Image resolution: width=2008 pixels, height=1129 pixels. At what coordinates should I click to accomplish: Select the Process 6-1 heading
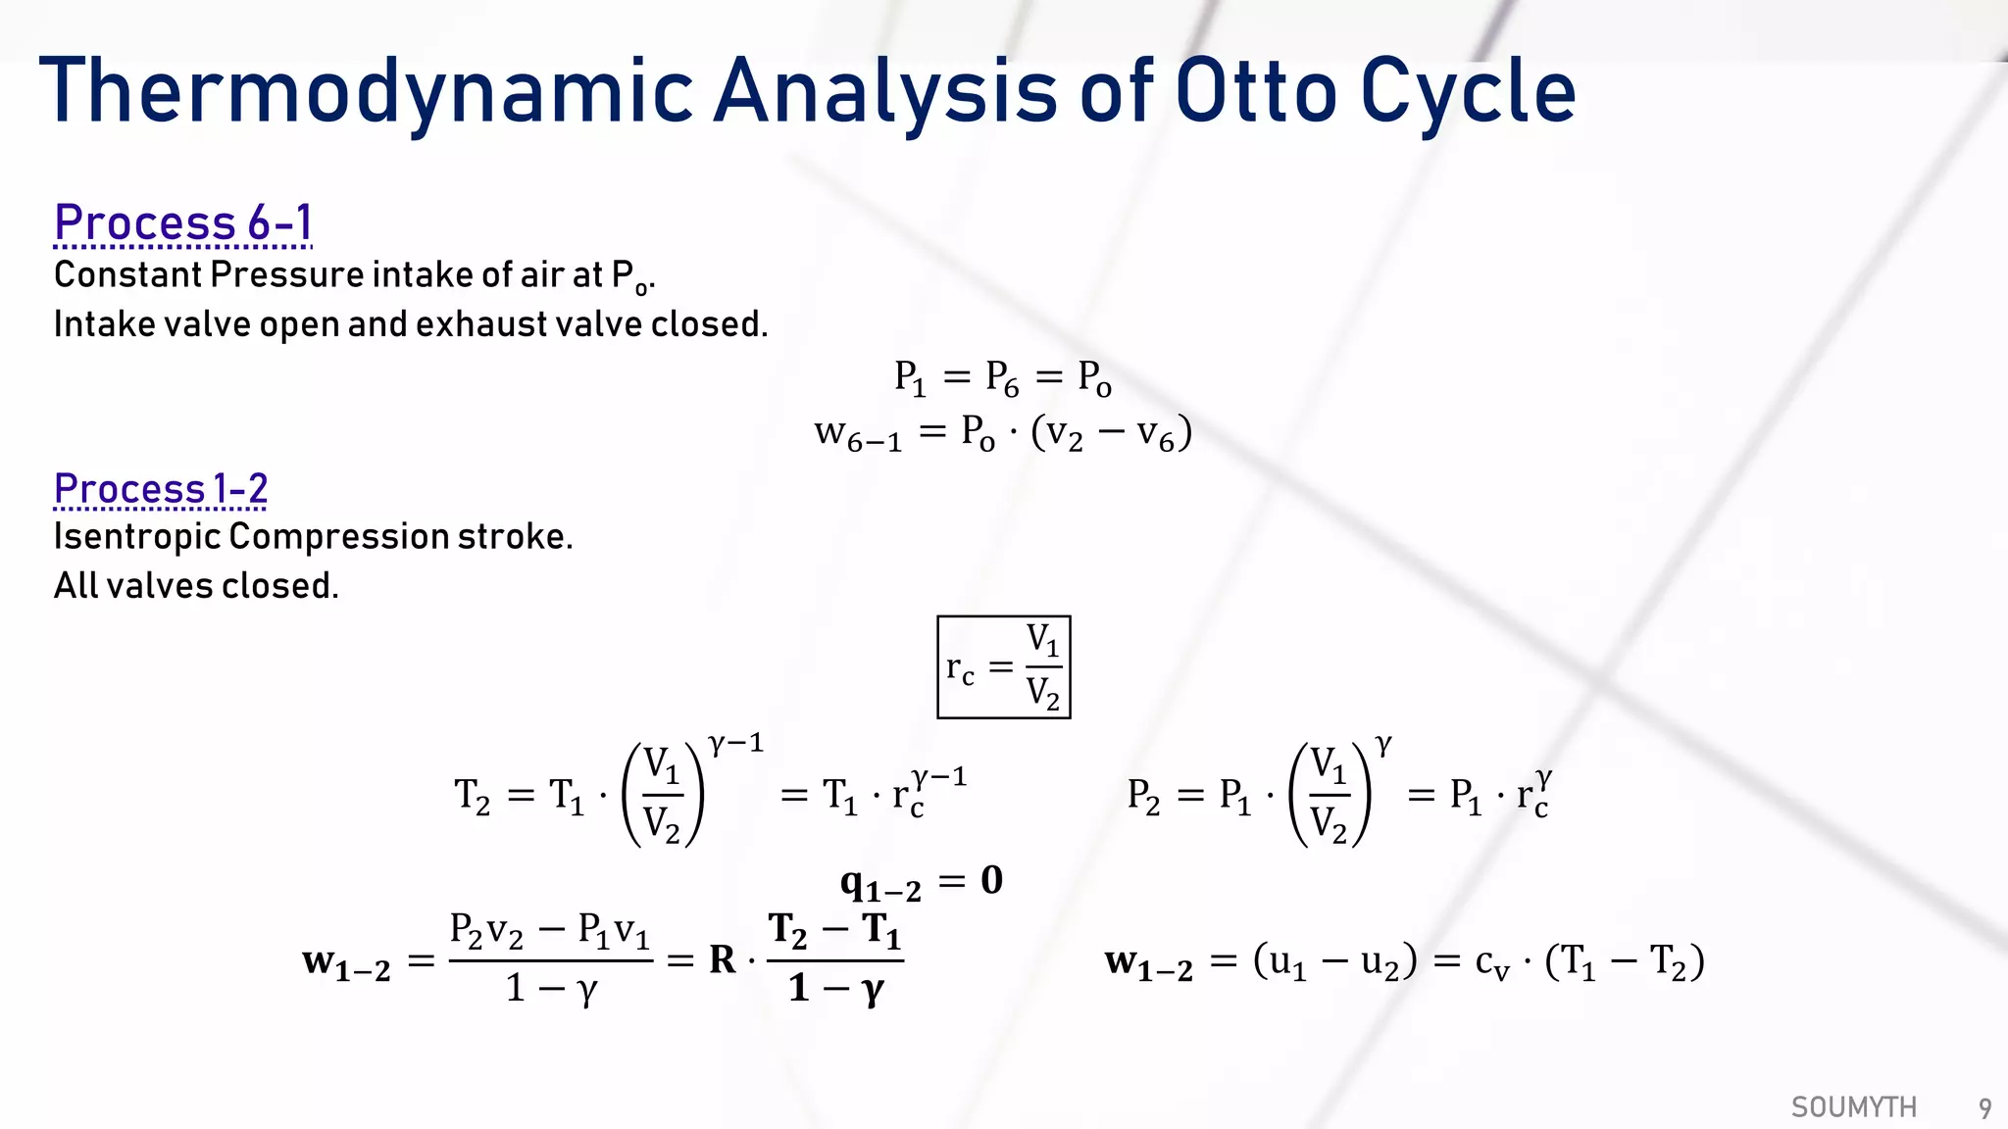tap(182, 222)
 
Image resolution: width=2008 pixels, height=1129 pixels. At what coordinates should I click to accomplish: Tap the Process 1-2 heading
tap(160, 488)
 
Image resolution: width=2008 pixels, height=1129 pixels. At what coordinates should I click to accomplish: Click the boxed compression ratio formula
tap(1003, 667)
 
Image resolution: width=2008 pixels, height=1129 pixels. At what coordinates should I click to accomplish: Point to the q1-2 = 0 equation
tap(921, 882)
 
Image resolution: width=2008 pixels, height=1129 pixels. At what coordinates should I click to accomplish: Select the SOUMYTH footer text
tap(1853, 1107)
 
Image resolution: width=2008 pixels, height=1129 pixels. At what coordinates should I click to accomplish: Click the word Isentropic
tap(136, 537)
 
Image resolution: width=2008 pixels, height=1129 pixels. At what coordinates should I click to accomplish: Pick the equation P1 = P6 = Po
tap(1002, 377)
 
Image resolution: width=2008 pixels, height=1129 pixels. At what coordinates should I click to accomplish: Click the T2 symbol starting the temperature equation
tap(472, 795)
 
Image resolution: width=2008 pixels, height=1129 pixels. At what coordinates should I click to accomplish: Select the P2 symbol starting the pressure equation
tap(1143, 795)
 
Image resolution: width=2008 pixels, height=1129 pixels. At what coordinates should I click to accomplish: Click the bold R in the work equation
tap(722, 959)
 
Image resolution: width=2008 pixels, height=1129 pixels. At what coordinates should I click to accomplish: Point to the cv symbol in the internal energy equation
tap(1491, 963)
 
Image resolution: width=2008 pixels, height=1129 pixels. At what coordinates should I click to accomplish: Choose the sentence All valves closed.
tap(196, 586)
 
